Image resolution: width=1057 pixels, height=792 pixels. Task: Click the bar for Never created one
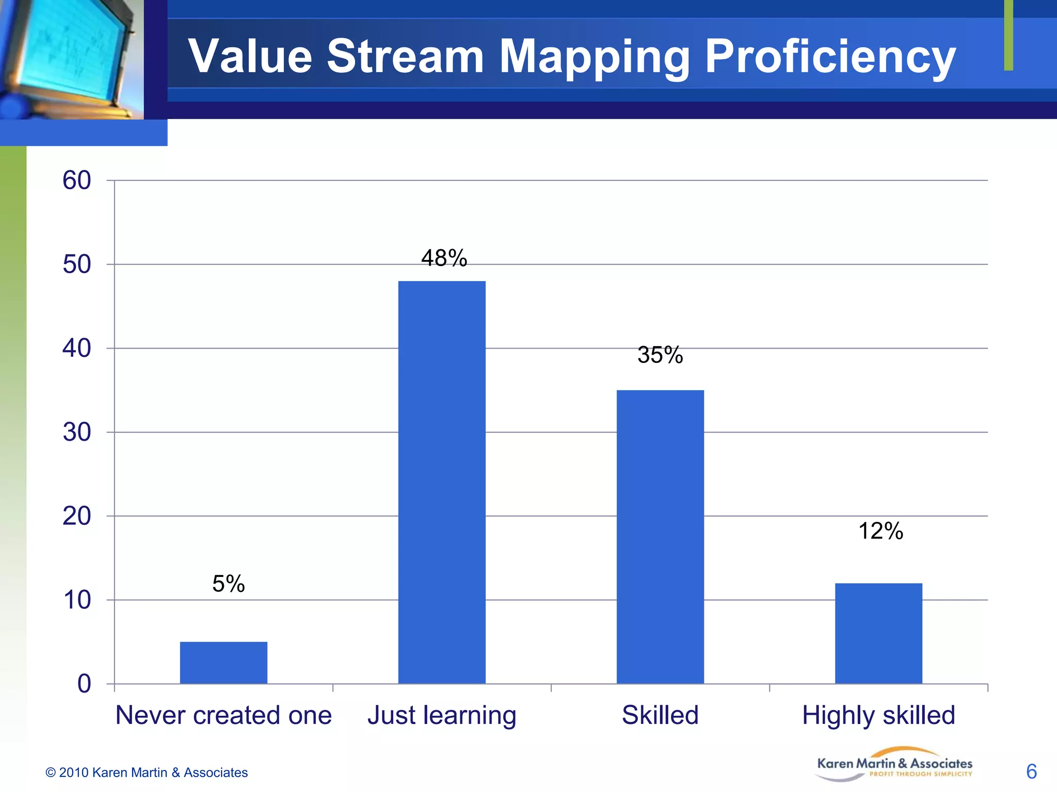(223, 663)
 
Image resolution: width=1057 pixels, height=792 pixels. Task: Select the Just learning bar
(442, 482)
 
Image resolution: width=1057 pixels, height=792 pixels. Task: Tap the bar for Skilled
(660, 537)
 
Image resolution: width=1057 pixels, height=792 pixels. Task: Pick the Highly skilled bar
(878, 633)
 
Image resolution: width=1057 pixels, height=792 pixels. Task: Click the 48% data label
(444, 258)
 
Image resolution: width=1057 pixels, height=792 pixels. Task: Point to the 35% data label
(660, 355)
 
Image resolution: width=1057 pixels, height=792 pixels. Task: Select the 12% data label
(880, 531)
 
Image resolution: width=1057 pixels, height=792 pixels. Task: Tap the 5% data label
(228, 584)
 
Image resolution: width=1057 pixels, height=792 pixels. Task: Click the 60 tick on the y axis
(77, 180)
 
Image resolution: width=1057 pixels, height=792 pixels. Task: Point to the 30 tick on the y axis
(77, 432)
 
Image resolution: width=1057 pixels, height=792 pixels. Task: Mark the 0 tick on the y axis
(84, 684)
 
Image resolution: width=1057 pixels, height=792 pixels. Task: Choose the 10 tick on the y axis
(77, 600)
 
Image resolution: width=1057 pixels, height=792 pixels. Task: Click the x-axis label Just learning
(442, 715)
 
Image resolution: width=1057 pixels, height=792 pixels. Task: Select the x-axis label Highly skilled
(878, 715)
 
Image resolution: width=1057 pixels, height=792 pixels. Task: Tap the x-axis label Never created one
(223, 715)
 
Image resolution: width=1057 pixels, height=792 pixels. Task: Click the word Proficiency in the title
(830, 57)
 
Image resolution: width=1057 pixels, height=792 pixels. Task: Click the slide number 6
(1031, 771)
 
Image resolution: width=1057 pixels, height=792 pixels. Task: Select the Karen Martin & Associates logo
(894, 765)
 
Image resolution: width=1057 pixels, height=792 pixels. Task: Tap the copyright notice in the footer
(147, 772)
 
